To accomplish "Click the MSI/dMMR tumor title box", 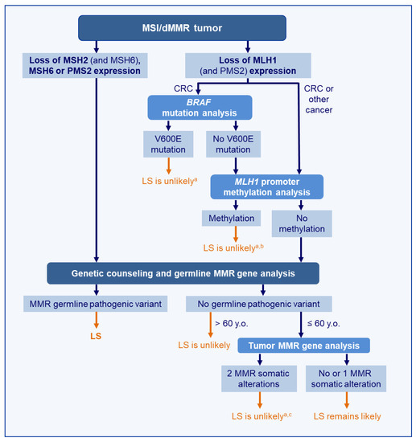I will click(x=208, y=27).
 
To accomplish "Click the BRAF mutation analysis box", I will click(x=200, y=108).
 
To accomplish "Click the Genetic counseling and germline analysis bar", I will click(x=183, y=273).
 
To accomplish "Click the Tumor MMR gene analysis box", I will click(x=303, y=345).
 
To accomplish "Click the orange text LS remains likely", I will click(x=346, y=418).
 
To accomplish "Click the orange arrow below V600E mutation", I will click(x=169, y=166).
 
